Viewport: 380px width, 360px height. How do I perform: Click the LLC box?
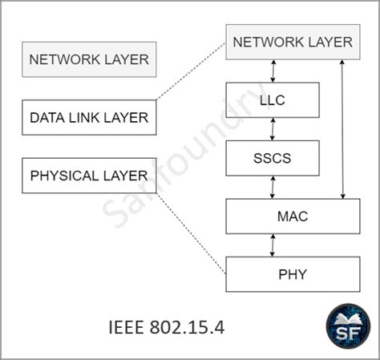click(273, 100)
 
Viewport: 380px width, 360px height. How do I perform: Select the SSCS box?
click(273, 158)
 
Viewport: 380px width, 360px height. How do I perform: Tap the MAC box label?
click(293, 216)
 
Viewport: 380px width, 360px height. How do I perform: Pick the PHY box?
click(293, 274)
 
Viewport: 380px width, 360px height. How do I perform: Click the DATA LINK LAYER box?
click(89, 117)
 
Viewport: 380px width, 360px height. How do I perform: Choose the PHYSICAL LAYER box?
click(89, 176)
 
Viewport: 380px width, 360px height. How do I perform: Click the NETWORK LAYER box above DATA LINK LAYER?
click(89, 59)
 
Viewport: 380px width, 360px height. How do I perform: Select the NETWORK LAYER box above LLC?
click(293, 42)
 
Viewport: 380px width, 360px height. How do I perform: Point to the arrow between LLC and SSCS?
click(273, 129)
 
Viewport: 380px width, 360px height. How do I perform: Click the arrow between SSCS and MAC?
click(273, 187)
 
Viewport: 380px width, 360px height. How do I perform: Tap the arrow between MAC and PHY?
click(273, 245)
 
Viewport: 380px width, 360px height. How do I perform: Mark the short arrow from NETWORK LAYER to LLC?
click(273, 71)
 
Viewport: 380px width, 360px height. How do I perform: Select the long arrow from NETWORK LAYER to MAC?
click(342, 129)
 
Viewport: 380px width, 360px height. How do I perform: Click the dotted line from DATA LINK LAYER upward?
click(191, 71)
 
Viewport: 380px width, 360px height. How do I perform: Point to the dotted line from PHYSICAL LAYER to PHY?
click(191, 233)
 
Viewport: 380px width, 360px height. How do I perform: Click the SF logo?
click(348, 326)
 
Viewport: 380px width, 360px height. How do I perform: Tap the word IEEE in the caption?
click(126, 327)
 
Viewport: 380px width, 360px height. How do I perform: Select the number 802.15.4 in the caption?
click(187, 327)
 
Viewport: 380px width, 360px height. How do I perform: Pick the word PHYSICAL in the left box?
click(65, 176)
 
